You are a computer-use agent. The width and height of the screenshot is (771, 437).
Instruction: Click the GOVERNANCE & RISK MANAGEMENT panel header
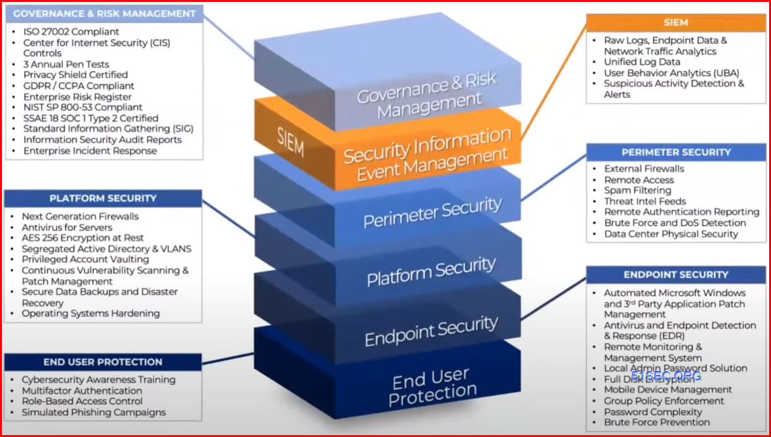pyautogui.click(x=104, y=14)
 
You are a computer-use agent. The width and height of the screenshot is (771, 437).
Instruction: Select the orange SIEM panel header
pyautogui.click(x=676, y=22)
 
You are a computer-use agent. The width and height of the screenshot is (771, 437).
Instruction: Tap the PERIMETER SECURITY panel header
pyautogui.click(x=676, y=152)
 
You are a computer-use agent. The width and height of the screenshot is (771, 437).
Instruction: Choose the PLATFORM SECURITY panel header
pyautogui.click(x=103, y=198)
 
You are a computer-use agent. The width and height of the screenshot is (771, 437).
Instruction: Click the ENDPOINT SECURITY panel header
pyautogui.click(x=676, y=275)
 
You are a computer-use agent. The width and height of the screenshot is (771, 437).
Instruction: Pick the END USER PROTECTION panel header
pyautogui.click(x=103, y=362)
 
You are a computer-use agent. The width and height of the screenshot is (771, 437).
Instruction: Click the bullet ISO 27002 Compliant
pyautogui.click(x=71, y=32)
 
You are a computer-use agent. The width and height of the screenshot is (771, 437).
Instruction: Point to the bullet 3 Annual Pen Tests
pyautogui.click(x=66, y=64)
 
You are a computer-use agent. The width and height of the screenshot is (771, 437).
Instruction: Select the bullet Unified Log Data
pyautogui.click(x=641, y=62)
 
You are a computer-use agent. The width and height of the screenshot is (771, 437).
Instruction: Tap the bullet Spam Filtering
pyautogui.click(x=637, y=190)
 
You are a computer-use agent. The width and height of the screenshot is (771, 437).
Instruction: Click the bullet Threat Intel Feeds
pyautogui.click(x=645, y=201)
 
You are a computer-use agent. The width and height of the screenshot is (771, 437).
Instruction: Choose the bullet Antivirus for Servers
pyautogui.click(x=67, y=227)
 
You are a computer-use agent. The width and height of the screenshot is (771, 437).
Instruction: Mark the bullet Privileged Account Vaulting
pyautogui.click(x=85, y=260)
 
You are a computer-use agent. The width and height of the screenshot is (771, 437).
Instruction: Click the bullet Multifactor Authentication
pyautogui.click(x=82, y=391)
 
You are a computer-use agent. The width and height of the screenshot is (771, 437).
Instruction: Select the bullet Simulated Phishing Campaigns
pyautogui.click(x=94, y=412)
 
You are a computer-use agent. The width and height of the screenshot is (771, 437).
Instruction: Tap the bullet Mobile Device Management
pyautogui.click(x=667, y=390)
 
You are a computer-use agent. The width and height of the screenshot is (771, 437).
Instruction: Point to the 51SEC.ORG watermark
pyautogui.click(x=665, y=376)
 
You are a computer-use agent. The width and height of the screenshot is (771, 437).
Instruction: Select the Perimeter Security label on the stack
pyautogui.click(x=432, y=212)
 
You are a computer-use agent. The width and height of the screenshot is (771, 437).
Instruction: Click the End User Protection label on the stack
pyautogui.click(x=432, y=386)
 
